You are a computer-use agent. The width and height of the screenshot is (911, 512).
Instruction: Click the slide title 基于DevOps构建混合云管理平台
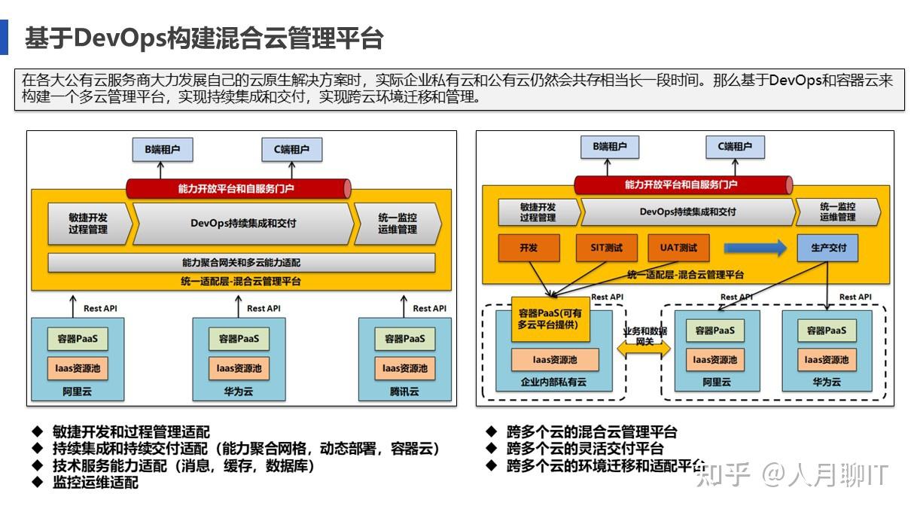pyautogui.click(x=204, y=38)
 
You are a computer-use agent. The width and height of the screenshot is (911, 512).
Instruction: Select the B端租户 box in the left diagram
pyautogui.click(x=163, y=150)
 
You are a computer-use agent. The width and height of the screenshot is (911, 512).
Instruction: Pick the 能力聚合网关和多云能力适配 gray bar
pyautogui.click(x=241, y=263)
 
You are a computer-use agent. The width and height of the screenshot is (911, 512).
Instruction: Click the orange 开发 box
pyautogui.click(x=529, y=248)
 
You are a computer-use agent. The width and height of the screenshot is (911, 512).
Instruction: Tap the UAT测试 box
pyautogui.click(x=678, y=248)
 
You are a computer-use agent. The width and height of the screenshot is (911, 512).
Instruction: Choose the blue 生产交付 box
pyautogui.click(x=827, y=248)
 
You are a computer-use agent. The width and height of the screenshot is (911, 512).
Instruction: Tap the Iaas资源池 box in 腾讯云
pyautogui.click(x=404, y=368)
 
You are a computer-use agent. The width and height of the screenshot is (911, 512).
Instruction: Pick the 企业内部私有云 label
pyautogui.click(x=553, y=382)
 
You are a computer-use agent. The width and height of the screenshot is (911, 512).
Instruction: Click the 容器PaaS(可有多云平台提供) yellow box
pyautogui.click(x=550, y=318)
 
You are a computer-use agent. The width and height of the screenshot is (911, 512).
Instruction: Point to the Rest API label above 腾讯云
pyautogui.click(x=429, y=308)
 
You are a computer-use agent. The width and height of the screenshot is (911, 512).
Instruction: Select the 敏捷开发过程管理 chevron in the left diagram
pyautogui.click(x=88, y=224)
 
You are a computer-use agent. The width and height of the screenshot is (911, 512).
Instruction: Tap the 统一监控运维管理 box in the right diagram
pyautogui.click(x=837, y=212)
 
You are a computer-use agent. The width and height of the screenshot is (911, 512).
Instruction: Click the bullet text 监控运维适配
pyautogui.click(x=96, y=483)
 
